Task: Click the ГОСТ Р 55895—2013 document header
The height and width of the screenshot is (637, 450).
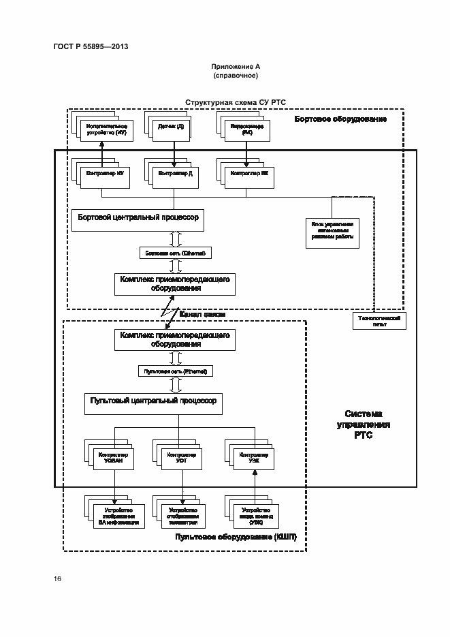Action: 91,46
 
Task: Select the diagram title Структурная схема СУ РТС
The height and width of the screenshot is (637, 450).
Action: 236,102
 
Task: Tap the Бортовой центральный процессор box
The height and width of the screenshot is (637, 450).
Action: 138,219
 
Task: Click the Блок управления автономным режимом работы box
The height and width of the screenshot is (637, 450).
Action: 332,232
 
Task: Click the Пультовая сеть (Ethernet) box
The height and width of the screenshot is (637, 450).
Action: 175,371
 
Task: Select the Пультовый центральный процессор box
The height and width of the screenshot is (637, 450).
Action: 153,403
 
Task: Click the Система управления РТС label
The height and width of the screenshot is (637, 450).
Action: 364,425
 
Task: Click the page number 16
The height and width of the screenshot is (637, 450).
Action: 58,579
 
